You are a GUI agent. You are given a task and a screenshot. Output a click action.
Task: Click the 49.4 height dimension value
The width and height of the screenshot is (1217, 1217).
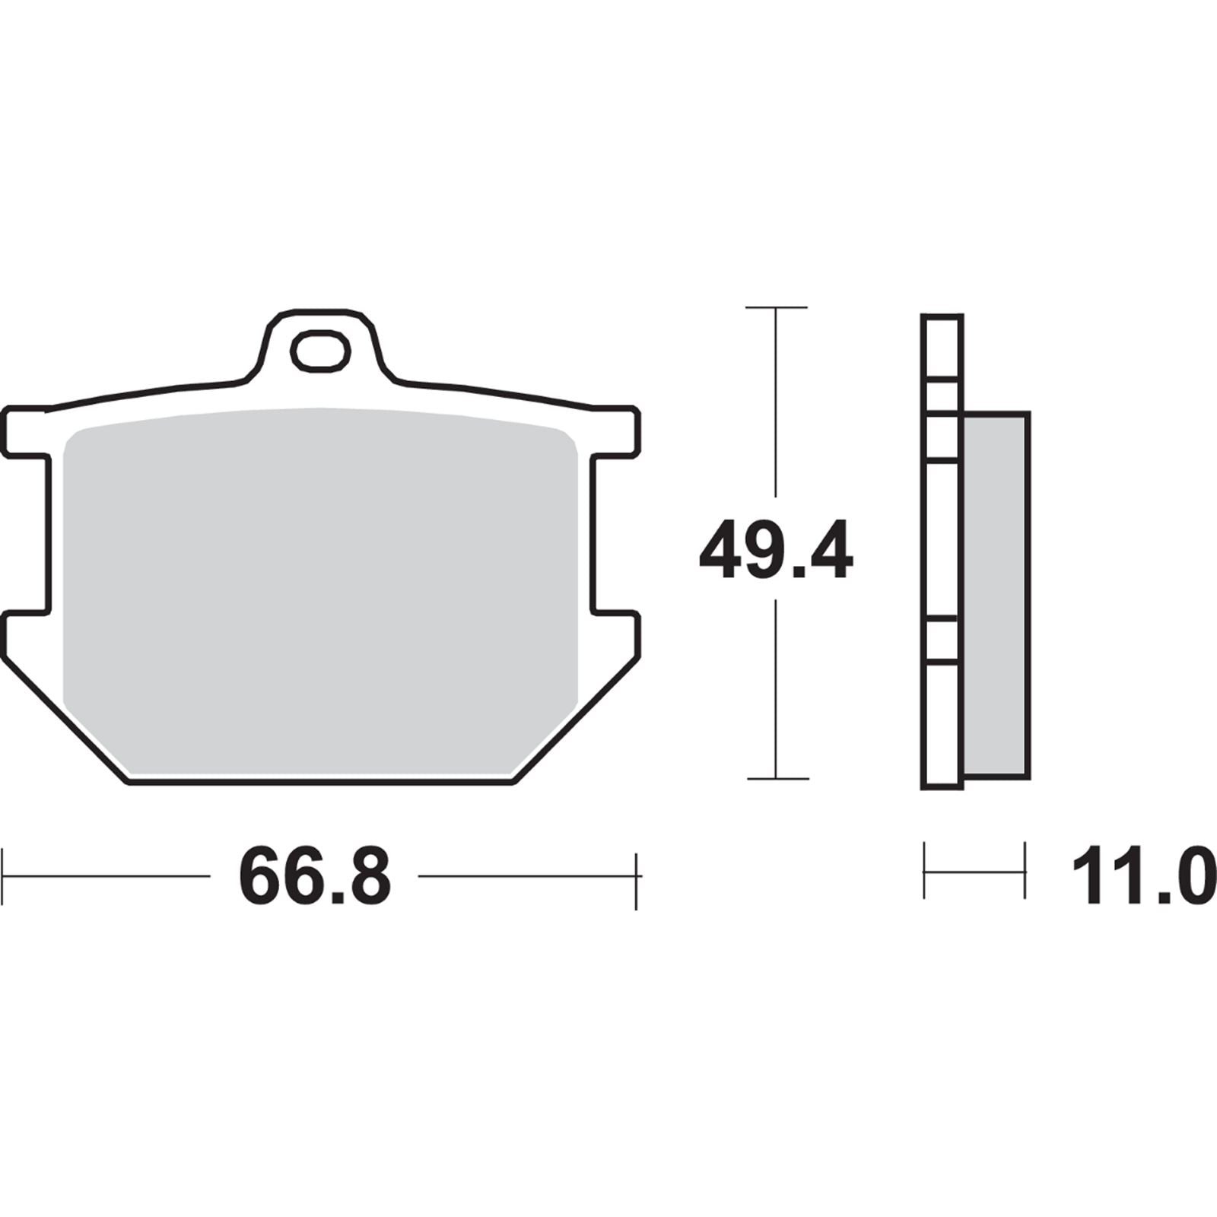tap(775, 549)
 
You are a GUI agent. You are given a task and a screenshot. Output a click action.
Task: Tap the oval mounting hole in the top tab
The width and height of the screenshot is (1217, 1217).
tap(321, 351)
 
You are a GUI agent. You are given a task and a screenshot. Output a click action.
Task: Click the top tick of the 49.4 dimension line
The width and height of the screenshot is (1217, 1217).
tap(776, 307)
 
